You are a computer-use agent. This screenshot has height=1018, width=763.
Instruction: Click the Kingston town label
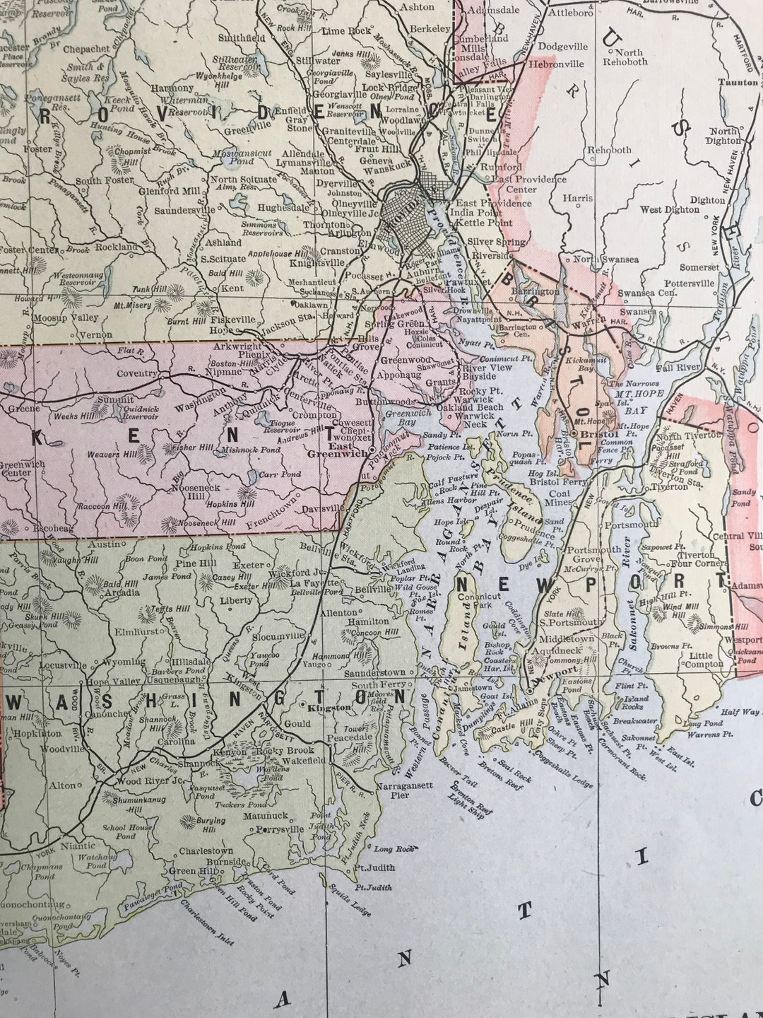pos(329,707)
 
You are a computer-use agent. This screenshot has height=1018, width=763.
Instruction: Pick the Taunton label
pos(738,82)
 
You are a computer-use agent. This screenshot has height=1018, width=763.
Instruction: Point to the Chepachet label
pos(86,49)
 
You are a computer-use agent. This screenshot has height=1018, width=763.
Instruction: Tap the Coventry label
pos(137,373)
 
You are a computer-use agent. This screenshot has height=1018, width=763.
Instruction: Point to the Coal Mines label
pos(560,498)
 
